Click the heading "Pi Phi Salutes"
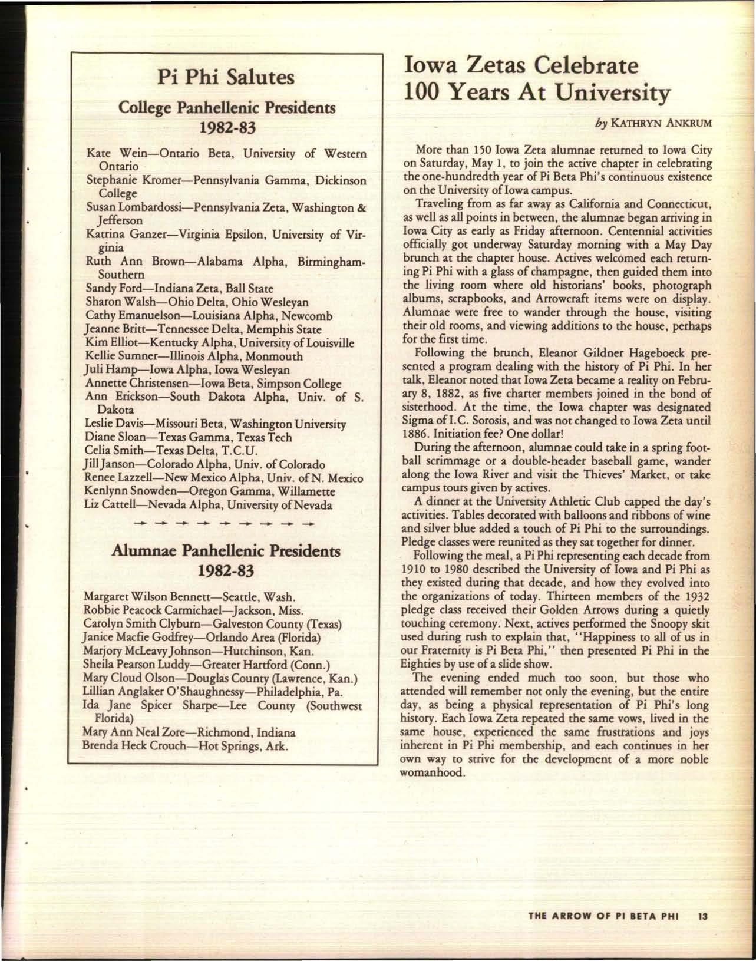click(223, 78)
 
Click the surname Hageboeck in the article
click(656, 354)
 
